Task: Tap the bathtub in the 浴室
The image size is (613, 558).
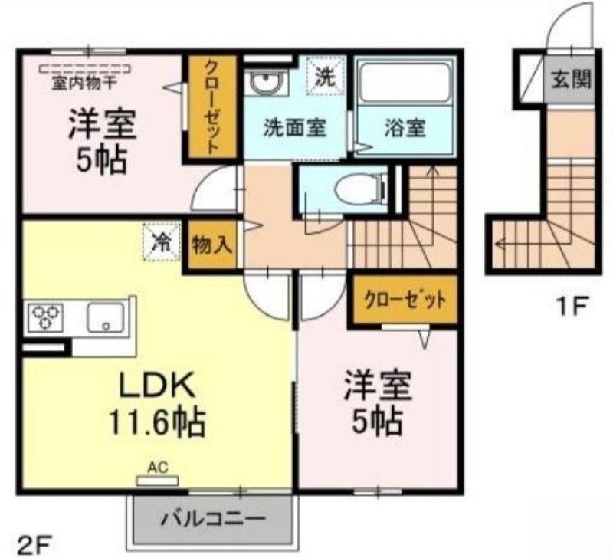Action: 405,83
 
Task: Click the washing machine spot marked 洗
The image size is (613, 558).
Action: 325,76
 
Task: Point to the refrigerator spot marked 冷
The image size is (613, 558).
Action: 162,241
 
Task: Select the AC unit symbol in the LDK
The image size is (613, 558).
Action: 157,481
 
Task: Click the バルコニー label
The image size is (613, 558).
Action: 214,519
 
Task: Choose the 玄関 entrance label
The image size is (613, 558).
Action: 571,80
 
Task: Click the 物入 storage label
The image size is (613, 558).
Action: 212,245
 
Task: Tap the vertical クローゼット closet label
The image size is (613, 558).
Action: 211,107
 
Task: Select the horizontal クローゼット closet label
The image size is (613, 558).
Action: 405,300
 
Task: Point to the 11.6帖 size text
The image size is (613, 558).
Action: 156,422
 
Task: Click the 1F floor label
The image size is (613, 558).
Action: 572,306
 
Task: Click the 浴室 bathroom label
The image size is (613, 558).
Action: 405,128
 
